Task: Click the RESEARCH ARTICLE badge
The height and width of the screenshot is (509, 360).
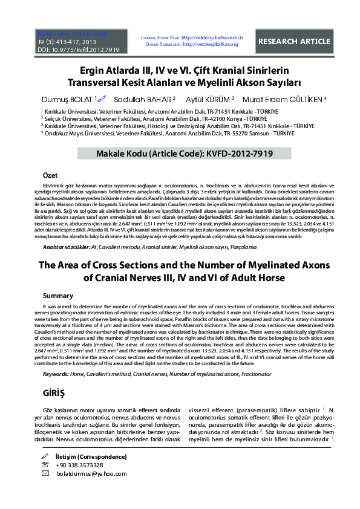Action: click(x=295, y=42)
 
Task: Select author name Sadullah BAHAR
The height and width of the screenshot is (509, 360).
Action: click(x=149, y=99)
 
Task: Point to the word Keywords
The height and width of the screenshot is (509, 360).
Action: click(x=55, y=375)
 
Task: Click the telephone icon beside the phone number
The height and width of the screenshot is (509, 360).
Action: click(x=45, y=465)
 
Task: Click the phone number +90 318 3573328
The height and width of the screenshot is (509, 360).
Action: click(x=79, y=465)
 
